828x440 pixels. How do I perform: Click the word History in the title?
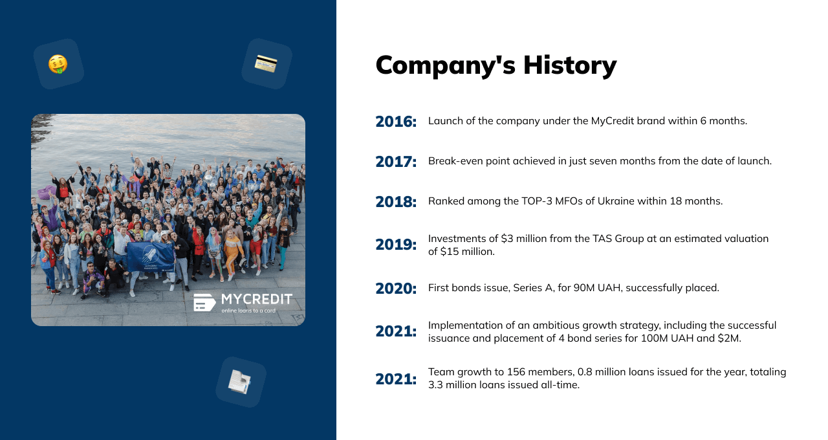point(570,65)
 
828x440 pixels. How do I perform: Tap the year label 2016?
point(396,122)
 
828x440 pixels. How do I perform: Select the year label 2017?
point(396,162)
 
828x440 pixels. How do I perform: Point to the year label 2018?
point(396,202)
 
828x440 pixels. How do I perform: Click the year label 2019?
point(396,245)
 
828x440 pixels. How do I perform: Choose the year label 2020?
point(396,289)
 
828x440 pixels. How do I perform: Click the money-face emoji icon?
point(58,64)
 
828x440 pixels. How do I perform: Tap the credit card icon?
point(266,63)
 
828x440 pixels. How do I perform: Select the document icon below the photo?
point(239,382)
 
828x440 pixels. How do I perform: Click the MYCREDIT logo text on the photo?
point(257,299)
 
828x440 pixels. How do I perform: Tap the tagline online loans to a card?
point(248,311)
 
